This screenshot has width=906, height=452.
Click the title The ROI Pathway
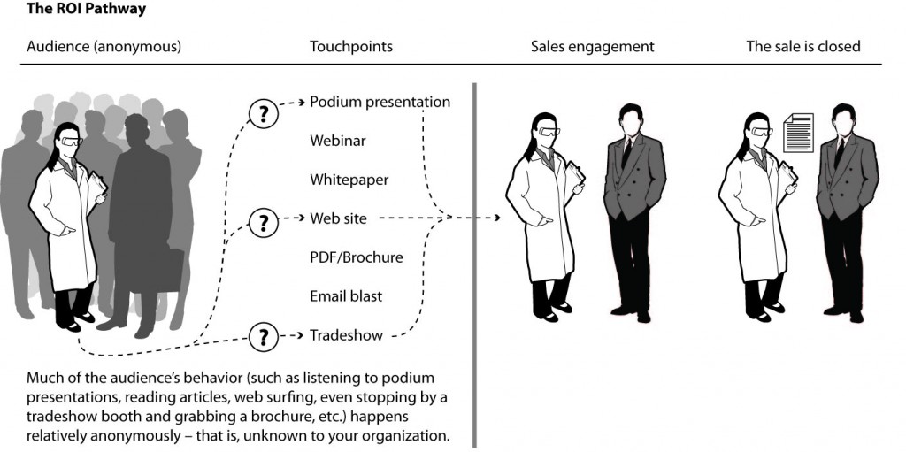click(x=73, y=10)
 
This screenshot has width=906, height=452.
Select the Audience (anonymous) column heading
click(x=104, y=47)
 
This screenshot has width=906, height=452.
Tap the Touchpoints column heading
click(x=351, y=47)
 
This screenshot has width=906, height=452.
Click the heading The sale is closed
click(x=802, y=47)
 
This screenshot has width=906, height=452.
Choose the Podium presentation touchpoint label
click(x=380, y=102)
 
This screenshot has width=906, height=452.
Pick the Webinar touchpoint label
click(x=337, y=141)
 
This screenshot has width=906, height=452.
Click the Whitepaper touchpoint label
click(x=349, y=180)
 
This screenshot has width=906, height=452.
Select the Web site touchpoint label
click(x=338, y=218)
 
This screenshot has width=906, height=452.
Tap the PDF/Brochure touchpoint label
click(x=356, y=257)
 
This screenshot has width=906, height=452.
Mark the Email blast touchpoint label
click(x=346, y=296)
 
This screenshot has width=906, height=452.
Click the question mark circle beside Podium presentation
click(x=263, y=113)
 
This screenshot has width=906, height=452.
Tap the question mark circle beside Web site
click(x=263, y=222)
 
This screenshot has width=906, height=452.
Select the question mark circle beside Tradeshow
click(x=263, y=337)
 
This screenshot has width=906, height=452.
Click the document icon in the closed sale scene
click(x=799, y=132)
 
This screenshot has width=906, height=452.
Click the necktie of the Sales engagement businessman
click(x=626, y=151)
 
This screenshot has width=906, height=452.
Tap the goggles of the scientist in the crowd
click(x=70, y=141)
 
